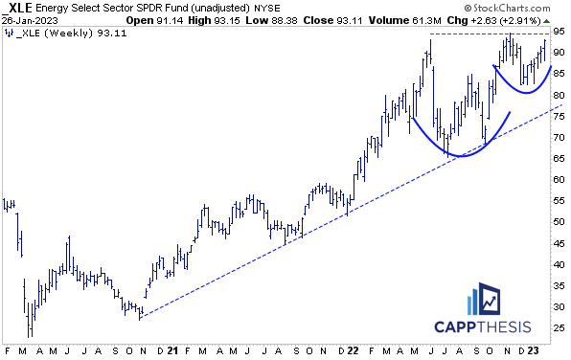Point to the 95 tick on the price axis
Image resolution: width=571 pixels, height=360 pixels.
[x=560, y=33]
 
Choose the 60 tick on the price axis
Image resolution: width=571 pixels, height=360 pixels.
[x=560, y=180]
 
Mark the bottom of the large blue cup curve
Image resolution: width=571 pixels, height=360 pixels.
[x=460, y=155]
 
